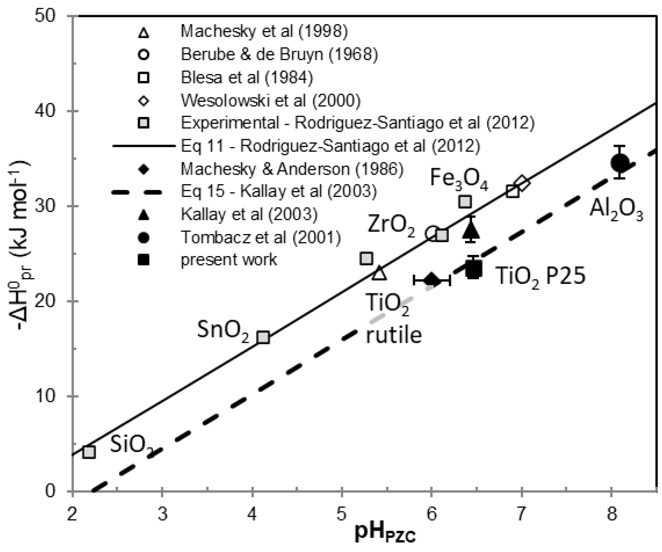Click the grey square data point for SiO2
tap(89, 452)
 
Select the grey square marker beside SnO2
tap(263, 337)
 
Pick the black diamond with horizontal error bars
tap(431, 281)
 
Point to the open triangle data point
tap(379, 273)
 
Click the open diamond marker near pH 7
tap(522, 183)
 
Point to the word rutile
tap(393, 335)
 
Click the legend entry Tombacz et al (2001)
tap(261, 238)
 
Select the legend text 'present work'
tap(229, 260)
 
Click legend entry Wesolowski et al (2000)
tap(271, 100)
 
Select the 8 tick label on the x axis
tap(611, 514)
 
